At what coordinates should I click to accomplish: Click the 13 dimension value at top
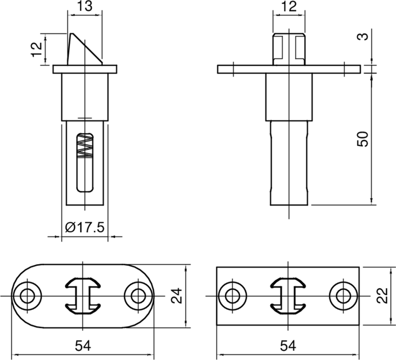(x=84, y=6)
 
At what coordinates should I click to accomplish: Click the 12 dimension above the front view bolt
(x=290, y=6)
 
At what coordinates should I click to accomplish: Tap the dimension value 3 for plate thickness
(x=365, y=37)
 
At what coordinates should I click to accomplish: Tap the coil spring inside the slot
(x=86, y=146)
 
